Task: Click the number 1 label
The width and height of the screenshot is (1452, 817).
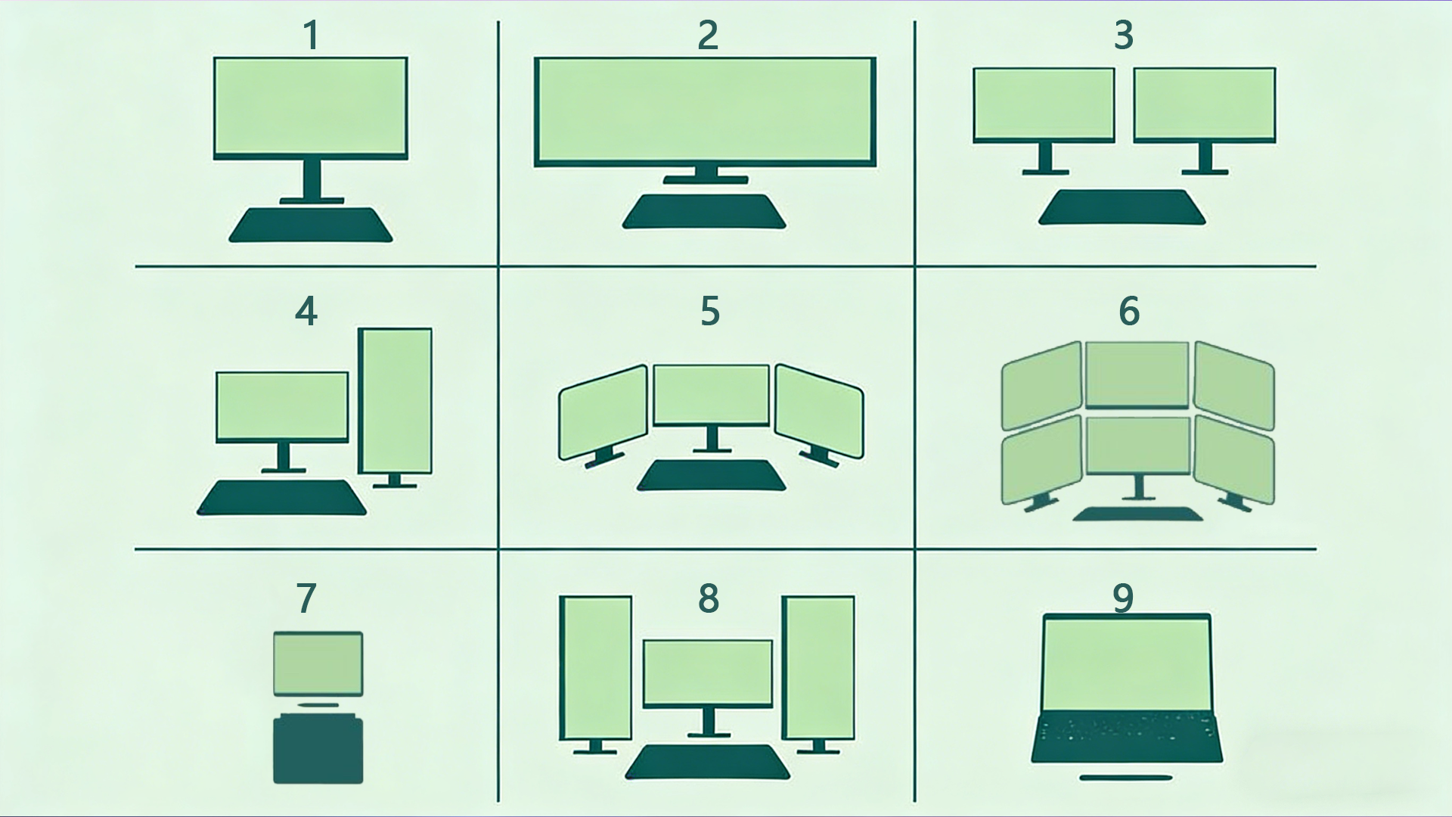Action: [311, 36]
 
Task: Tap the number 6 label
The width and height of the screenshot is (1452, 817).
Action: [1128, 311]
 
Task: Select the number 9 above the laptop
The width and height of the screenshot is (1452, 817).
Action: [1123, 598]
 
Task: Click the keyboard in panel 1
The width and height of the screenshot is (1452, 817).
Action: [311, 225]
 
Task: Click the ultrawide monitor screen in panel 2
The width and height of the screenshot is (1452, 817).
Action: [705, 110]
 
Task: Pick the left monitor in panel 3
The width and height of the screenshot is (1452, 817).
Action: [1044, 104]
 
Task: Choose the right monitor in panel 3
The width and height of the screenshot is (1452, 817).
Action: [1205, 104]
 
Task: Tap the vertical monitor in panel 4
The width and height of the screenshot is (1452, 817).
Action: [395, 400]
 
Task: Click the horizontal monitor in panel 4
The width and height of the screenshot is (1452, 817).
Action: [282, 406]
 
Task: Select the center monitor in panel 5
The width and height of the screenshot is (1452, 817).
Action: [711, 395]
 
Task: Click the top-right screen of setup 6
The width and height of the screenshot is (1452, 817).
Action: [1233, 385]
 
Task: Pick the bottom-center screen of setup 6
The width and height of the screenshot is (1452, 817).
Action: [1137, 446]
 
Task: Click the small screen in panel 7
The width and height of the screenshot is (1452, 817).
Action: [318, 663]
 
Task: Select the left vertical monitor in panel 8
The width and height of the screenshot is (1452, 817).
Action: [595, 667]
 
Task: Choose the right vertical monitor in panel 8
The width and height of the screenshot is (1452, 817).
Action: [818, 667]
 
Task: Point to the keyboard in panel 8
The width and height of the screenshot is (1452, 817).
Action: [707, 762]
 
